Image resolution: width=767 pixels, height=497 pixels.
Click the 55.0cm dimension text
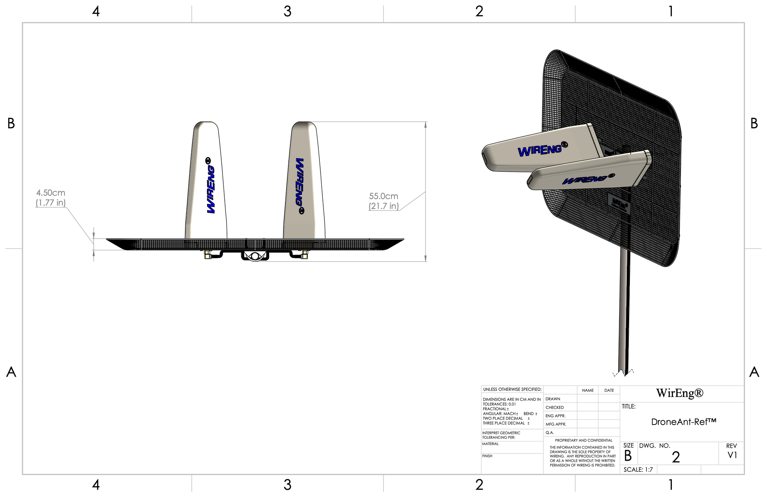coord(383,196)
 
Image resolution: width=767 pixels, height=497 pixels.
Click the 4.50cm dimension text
coord(51,193)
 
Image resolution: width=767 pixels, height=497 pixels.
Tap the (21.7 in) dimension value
coord(383,206)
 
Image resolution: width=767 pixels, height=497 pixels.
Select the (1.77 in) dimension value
coord(51,203)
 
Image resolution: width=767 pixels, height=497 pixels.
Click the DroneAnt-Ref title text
coord(683,422)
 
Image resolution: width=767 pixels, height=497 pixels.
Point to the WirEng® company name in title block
coord(680,393)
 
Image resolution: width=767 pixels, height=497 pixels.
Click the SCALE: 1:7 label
coord(638,470)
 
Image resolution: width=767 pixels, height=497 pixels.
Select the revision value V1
coord(732,455)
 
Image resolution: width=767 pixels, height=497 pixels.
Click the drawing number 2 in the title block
coord(676,457)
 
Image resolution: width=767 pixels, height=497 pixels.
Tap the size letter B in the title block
coord(628,456)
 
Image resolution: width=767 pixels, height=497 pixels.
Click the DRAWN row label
coord(553,399)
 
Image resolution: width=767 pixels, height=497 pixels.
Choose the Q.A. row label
coord(550,432)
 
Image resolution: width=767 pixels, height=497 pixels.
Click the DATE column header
coord(609,390)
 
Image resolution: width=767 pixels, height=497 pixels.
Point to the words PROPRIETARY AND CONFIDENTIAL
coord(583,440)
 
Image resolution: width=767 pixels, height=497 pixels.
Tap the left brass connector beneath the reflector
coord(207,255)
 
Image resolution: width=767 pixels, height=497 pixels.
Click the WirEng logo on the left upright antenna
coord(210,186)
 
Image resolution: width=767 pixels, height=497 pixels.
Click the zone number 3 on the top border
coord(287,12)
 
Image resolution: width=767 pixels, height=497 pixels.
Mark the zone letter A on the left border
coord(11,372)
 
